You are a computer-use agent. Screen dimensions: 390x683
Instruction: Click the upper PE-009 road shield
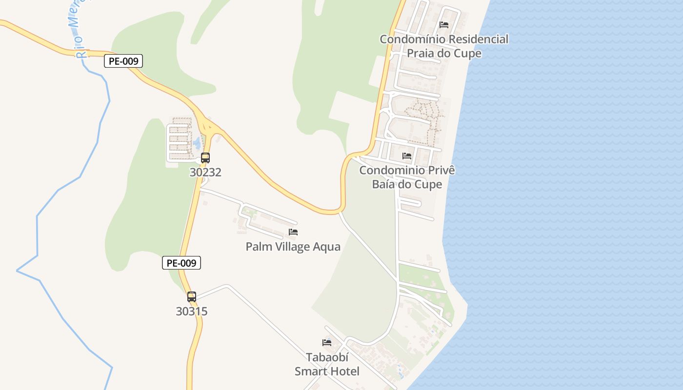click(x=123, y=61)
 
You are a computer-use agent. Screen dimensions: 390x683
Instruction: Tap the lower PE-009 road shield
click(x=181, y=263)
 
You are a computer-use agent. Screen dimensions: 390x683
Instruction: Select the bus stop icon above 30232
click(x=205, y=158)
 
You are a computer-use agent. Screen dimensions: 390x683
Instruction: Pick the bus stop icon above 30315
click(x=192, y=297)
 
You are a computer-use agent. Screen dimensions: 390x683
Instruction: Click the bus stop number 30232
click(x=205, y=172)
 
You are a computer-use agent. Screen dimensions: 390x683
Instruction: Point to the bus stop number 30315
click(x=192, y=311)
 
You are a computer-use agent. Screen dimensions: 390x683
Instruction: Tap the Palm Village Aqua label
click(x=293, y=247)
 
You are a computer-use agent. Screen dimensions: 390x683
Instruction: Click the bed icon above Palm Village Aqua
click(x=293, y=232)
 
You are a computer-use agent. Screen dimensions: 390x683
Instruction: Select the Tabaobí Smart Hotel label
click(x=327, y=364)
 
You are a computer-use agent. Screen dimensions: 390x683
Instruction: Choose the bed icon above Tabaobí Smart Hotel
click(x=327, y=343)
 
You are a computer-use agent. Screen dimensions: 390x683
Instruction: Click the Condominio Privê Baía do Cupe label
click(x=407, y=177)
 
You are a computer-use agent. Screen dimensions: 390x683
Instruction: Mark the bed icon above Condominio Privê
click(x=407, y=156)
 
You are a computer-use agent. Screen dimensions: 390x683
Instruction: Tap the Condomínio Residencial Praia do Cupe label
click(x=444, y=46)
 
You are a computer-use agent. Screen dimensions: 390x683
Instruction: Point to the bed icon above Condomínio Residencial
click(x=444, y=24)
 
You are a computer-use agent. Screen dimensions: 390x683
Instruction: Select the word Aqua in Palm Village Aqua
click(x=327, y=247)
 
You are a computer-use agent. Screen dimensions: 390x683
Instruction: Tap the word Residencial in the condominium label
click(x=478, y=39)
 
